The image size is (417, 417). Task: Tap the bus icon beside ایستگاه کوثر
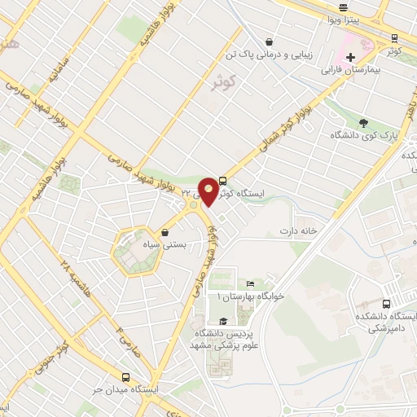click(223, 183)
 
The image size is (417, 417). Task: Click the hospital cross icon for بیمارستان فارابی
click(351, 58)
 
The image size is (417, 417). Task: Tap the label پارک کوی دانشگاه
click(364, 137)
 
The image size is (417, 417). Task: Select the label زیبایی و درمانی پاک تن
click(270, 55)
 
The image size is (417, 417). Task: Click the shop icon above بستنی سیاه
click(166, 230)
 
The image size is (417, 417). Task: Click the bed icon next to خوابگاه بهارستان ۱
click(250, 283)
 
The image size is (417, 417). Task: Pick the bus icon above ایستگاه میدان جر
click(125, 377)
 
